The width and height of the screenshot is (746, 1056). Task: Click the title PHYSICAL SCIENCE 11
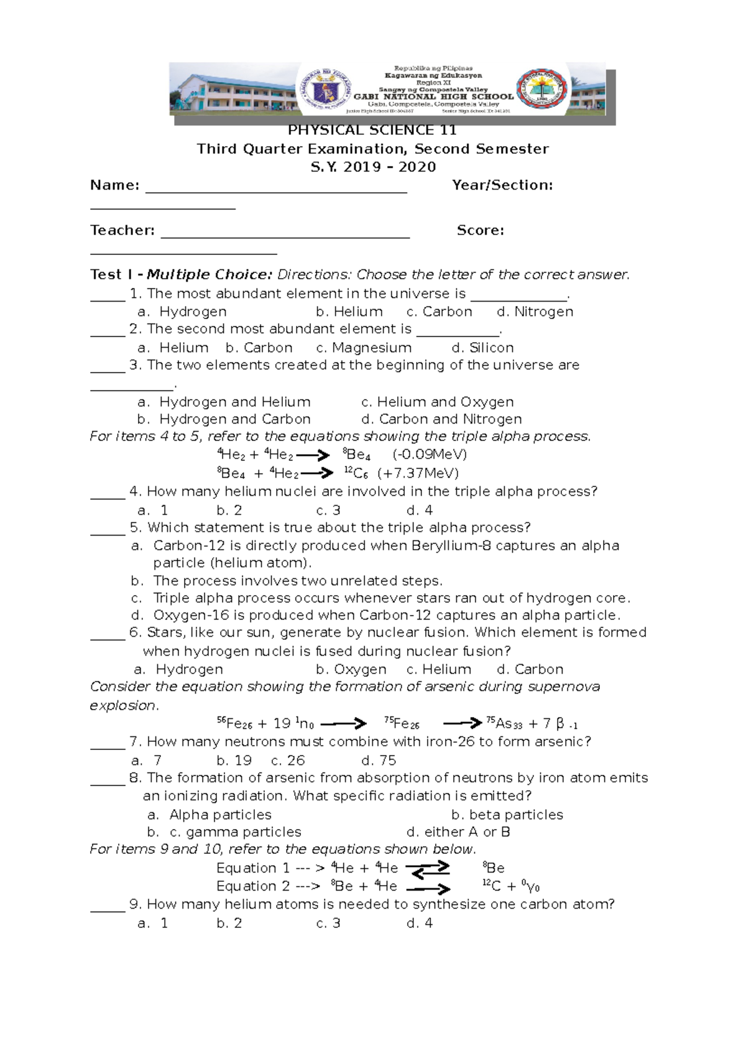pos(372,131)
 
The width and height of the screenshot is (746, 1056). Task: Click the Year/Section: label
pos(502,185)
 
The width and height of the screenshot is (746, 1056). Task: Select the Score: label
pos(480,231)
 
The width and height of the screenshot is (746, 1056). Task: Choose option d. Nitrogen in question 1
pos(535,312)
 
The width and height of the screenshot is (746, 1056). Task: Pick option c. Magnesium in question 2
pos(364,348)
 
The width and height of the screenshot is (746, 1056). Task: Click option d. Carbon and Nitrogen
pos(441,419)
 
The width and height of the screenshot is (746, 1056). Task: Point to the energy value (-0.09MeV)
pos(430,455)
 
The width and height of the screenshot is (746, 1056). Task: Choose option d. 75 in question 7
pos(378,761)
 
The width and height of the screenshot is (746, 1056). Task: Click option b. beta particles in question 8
pos(507,815)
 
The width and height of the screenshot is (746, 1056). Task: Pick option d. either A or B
pos(458,832)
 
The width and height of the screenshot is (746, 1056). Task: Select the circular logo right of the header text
pos(541,91)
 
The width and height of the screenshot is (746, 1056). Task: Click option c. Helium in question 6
pos(438,670)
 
